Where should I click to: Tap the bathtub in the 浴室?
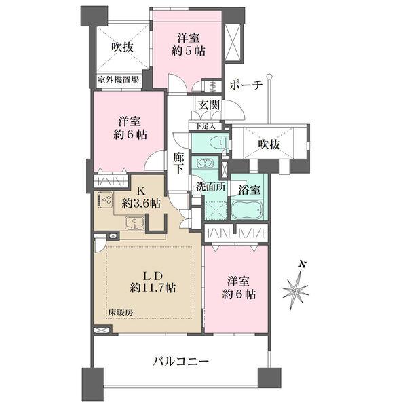[249, 209]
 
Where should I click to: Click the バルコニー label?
[179, 362]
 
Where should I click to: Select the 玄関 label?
[208, 104]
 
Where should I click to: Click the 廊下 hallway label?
[178, 162]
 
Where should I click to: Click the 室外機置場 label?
[119, 80]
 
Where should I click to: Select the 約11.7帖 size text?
[153, 288]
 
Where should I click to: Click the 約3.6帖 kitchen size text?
[142, 203]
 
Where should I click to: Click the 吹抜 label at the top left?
[123, 47]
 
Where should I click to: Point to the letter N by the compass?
[305, 263]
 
